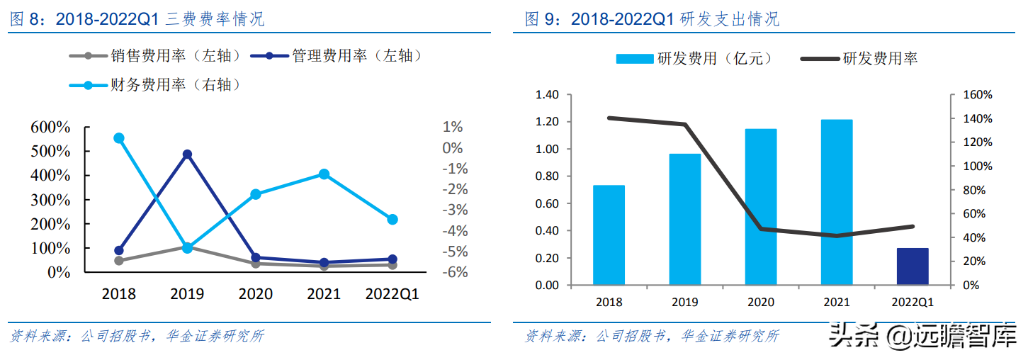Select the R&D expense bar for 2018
609,235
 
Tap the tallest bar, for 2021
837,202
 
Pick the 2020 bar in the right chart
760,207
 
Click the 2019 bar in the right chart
684,220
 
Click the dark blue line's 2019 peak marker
187,154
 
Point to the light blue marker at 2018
119,138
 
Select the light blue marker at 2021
324,174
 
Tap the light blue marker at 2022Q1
392,220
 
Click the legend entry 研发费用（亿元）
694,59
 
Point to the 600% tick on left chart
50,128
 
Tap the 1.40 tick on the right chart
548,95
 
